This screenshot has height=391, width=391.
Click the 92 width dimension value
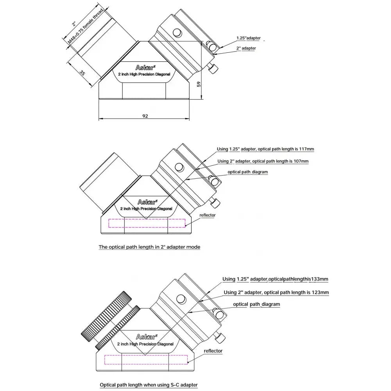(145, 116)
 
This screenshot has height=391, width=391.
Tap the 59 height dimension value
(199, 84)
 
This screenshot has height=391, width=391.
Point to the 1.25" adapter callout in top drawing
(248, 38)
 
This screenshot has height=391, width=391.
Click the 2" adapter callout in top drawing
(247, 48)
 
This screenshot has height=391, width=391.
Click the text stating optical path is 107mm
(263, 161)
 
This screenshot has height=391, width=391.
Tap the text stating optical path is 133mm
(275, 279)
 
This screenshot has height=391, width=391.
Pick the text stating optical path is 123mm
(276, 292)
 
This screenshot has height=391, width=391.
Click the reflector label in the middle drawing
(207, 215)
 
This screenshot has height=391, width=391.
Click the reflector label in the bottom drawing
(213, 351)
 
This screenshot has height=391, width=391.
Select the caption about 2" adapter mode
(149, 247)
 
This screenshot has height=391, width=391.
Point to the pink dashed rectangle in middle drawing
(147, 223)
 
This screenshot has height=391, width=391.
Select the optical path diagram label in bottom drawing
(256, 304)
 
